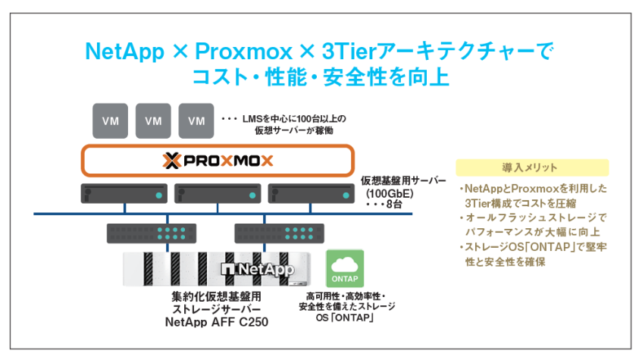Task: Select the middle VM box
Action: pyautogui.click(x=153, y=121)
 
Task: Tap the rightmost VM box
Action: pyautogui.click(x=196, y=121)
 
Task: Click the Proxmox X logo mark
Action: pyautogui.click(x=171, y=161)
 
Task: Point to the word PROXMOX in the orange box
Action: pyautogui.click(x=226, y=161)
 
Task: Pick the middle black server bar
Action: pyautogui.click(x=216, y=194)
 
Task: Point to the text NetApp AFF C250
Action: pyautogui.click(x=216, y=321)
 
